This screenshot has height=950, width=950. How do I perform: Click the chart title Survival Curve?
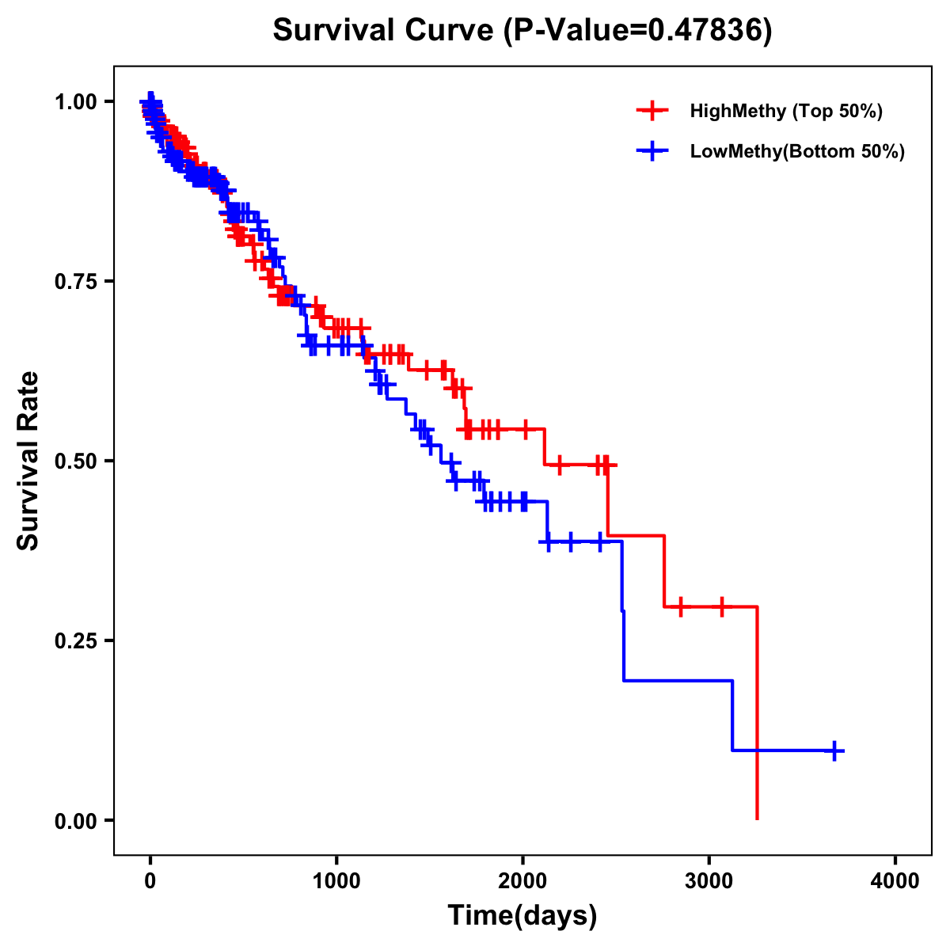[x=385, y=30]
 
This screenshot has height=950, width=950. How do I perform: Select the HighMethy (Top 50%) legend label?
[x=786, y=111]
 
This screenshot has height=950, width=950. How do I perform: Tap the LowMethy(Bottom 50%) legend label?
[x=797, y=151]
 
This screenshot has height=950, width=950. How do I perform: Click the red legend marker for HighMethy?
[x=652, y=111]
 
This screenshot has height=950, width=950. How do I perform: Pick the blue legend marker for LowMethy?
[x=652, y=151]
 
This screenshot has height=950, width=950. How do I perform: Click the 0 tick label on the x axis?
[x=150, y=881]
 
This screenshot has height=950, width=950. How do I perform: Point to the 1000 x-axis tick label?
[x=336, y=881]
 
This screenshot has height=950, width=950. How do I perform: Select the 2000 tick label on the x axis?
[x=522, y=881]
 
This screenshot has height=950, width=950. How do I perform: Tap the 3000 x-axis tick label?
[x=709, y=881]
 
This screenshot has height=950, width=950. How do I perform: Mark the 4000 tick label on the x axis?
[x=895, y=881]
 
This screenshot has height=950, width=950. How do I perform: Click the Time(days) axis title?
[x=522, y=916]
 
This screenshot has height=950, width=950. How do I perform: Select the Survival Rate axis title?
[x=28, y=461]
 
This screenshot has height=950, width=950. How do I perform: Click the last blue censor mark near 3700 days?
[x=834, y=750]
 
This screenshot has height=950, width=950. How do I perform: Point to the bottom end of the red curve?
[x=758, y=818]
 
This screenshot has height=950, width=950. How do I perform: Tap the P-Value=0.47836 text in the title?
[x=638, y=30]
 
